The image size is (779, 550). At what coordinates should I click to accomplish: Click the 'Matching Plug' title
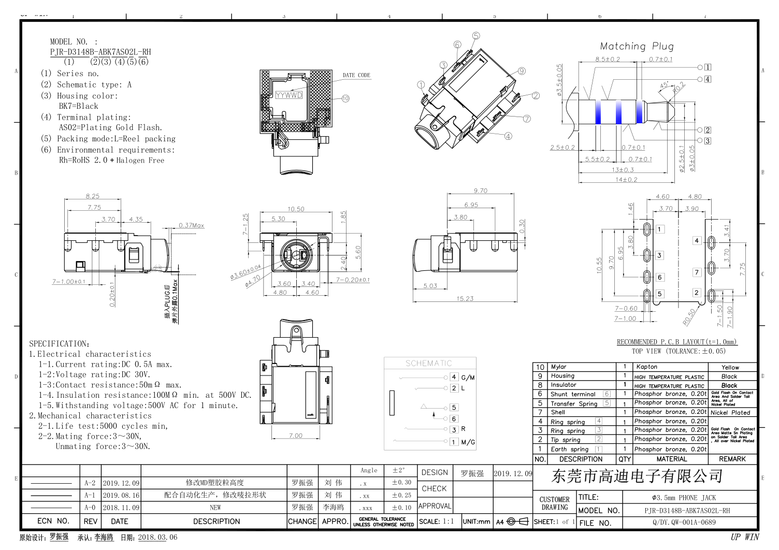[x=637, y=46]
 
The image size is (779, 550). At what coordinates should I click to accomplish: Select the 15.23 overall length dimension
[x=465, y=298]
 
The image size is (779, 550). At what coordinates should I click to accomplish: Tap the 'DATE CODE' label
[x=356, y=75]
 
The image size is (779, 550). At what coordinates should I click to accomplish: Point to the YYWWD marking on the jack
[x=288, y=95]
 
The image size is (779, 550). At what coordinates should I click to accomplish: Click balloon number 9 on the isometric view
[x=522, y=71]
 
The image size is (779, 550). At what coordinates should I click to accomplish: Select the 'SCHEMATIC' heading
[x=428, y=363]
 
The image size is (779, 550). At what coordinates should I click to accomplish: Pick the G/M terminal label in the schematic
[x=468, y=378]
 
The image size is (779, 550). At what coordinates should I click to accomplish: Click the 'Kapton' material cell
[x=647, y=367]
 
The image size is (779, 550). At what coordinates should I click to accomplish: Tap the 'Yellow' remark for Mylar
[x=730, y=367]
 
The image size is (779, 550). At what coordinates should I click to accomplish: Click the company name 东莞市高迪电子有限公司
[x=637, y=476]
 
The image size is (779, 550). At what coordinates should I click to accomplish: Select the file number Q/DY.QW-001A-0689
[x=684, y=522]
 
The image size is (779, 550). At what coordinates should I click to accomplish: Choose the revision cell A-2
[x=90, y=483]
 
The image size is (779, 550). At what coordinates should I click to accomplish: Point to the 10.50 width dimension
[x=296, y=209]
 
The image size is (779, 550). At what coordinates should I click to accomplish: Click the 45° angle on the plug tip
[x=664, y=85]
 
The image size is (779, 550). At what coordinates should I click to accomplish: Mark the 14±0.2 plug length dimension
[x=626, y=180]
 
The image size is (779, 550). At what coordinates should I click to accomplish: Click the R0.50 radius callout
[x=689, y=317]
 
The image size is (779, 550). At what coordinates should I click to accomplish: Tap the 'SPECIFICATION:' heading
[x=59, y=343]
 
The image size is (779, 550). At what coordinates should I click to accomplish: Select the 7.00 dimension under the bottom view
[x=295, y=436]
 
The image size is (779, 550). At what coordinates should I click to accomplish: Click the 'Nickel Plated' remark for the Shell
[x=730, y=413]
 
